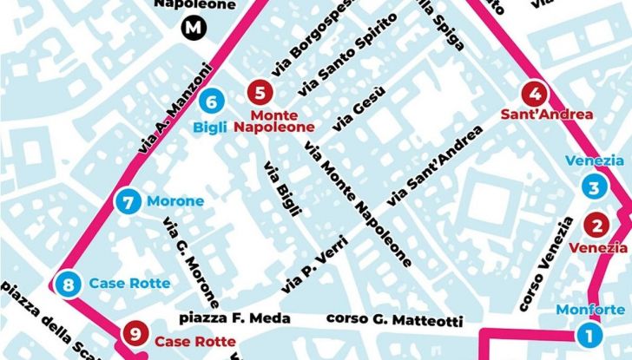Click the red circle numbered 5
coord(260,94)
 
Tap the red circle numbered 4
coord(536,94)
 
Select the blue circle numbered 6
coord(211,101)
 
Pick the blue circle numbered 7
coord(128,202)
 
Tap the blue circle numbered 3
coord(593,188)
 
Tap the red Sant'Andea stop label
coord(535,115)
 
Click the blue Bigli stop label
coord(210,128)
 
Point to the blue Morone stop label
coord(175,202)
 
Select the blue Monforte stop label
coord(589,311)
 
